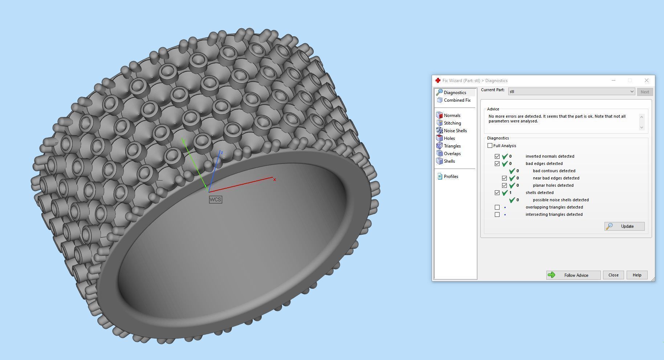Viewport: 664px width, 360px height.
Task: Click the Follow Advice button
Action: (573, 275)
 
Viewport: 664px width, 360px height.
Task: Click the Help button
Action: (636, 275)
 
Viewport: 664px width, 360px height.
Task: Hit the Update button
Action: (624, 226)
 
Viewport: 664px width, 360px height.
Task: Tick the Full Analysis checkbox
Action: (490, 146)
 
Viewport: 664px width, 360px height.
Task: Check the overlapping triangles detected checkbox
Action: (497, 207)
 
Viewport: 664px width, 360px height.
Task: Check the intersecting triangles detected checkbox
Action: (497, 214)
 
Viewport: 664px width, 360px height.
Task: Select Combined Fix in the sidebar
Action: (457, 100)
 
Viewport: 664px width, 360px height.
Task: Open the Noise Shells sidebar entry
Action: (455, 131)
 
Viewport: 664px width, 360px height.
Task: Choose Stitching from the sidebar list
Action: (452, 123)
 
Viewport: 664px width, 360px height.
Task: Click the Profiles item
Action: (451, 177)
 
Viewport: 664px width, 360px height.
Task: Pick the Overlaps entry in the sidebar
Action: (452, 154)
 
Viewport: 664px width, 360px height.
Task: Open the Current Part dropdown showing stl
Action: (571, 92)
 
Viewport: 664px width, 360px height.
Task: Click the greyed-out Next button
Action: (644, 92)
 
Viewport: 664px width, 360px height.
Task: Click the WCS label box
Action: (215, 199)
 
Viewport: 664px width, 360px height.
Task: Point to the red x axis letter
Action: (275, 179)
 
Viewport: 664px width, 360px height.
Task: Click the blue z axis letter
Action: (222, 153)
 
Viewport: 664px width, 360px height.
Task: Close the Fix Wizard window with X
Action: (646, 81)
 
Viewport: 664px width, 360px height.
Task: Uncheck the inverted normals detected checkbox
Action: (497, 156)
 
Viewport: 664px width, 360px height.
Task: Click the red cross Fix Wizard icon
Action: (438, 81)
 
